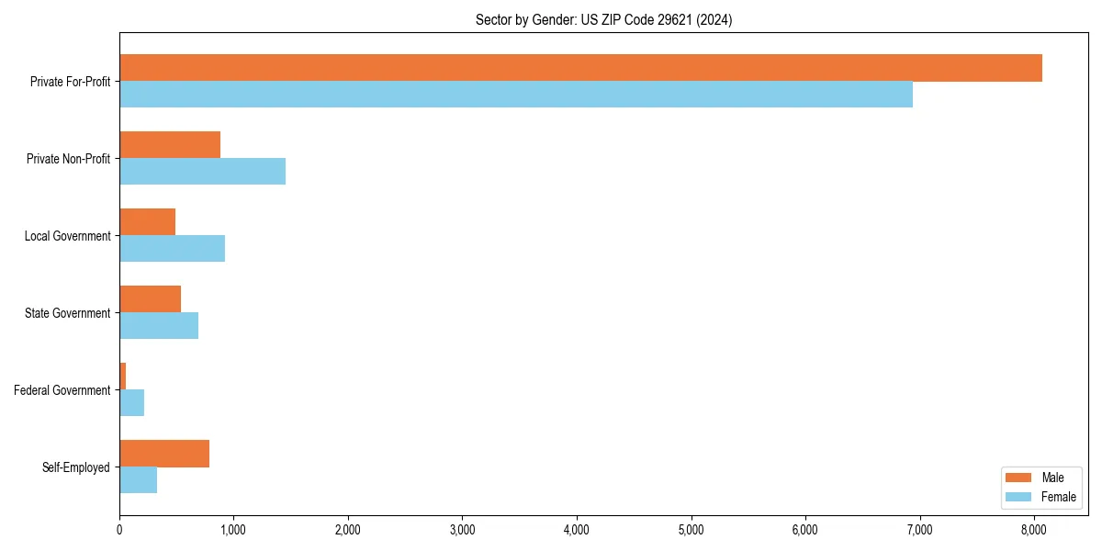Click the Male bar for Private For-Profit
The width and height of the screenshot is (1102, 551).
pos(580,68)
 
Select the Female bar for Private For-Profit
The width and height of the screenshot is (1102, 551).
pos(516,95)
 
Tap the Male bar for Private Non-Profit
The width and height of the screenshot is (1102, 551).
pos(170,145)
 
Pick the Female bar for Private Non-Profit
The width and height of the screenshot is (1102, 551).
pos(202,172)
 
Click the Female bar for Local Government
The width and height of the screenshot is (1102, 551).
pos(172,249)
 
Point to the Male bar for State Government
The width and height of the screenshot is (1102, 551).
pos(150,299)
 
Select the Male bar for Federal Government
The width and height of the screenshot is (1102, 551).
pos(122,377)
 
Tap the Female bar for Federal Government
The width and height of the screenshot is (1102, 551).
pos(131,403)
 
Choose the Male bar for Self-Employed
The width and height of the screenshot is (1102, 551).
pos(164,454)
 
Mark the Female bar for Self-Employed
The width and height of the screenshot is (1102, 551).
pos(138,480)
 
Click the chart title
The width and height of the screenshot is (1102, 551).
pos(603,19)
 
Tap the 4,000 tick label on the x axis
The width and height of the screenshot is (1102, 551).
pos(576,529)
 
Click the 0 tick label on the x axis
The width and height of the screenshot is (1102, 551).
pos(119,529)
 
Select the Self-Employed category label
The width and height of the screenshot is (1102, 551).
pos(76,467)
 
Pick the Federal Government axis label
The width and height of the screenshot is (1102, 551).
pos(62,390)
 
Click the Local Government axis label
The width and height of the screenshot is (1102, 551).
pos(68,236)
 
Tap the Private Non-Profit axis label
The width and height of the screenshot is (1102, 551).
pos(69,159)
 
